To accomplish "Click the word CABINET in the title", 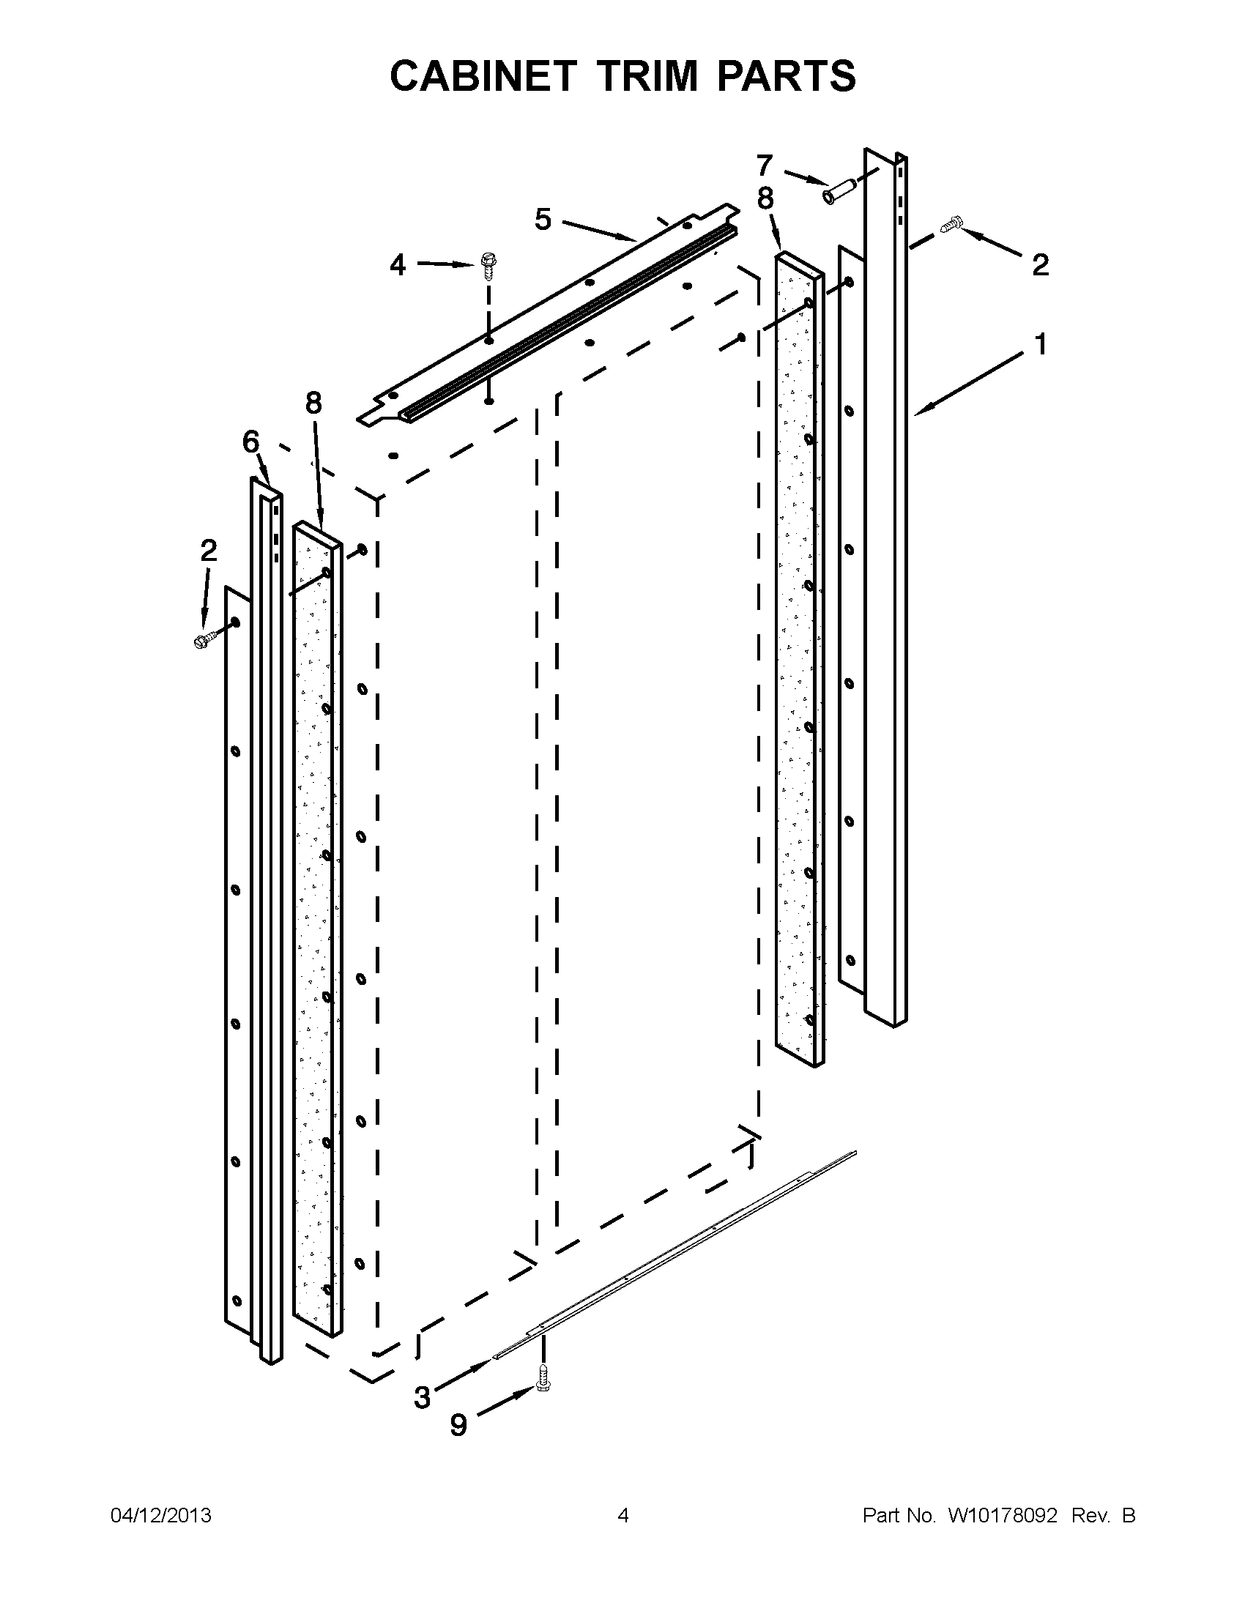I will point(483,76).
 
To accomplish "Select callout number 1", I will point(1040,345).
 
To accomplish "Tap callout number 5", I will point(543,220).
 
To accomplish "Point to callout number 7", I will point(765,165).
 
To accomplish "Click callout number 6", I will point(251,442).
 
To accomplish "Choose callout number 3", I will point(422,1397).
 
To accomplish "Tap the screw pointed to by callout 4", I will point(488,264).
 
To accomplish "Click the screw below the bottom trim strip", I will point(543,1377).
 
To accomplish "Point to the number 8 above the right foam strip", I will point(765,199).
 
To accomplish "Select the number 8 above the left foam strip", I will point(313,403).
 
